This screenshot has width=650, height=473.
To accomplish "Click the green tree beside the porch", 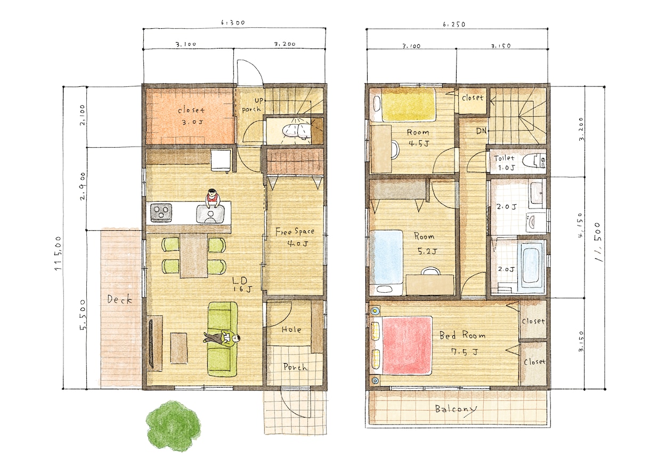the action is (x=173, y=426).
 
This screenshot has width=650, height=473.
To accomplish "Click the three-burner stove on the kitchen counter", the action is (x=161, y=213).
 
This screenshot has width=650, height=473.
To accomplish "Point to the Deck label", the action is (x=119, y=299).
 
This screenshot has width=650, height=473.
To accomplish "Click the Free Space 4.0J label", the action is (x=295, y=237).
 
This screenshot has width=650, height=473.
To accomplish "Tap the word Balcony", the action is (x=456, y=410).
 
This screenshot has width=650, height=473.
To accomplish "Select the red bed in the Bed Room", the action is (x=407, y=346).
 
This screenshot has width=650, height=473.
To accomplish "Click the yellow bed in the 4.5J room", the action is (x=408, y=105).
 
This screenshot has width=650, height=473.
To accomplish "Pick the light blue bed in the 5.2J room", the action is (x=386, y=257).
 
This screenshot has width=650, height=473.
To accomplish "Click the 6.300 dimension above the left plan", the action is (x=233, y=22).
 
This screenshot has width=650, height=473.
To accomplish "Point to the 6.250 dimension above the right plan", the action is (x=454, y=25).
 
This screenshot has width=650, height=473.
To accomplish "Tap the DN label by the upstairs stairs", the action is (x=482, y=131).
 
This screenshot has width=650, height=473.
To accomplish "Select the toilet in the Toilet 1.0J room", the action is (x=533, y=161).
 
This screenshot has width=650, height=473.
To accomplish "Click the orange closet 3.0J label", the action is (x=191, y=116).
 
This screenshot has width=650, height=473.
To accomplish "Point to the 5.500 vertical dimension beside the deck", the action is (x=83, y=315).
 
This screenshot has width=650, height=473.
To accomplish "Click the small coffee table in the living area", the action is (x=179, y=348).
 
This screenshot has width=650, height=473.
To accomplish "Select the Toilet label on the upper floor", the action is (x=504, y=158).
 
